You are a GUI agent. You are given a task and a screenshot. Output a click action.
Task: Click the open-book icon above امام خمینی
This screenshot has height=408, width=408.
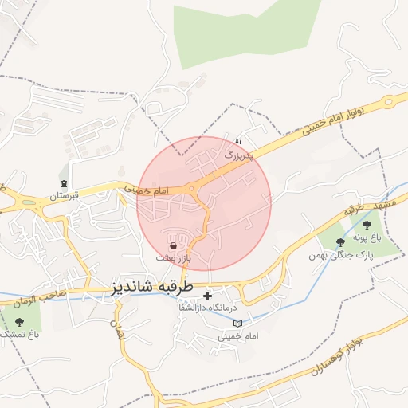pos(237,324)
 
